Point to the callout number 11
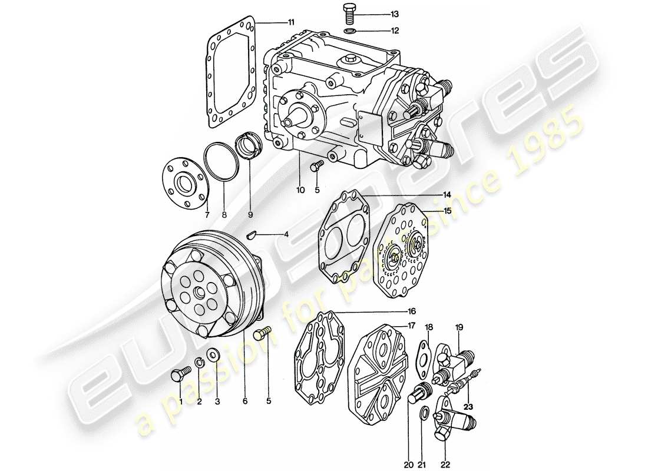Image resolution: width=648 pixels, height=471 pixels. (290, 23)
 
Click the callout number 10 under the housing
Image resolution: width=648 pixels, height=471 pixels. (300, 190)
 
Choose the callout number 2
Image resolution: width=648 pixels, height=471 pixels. (199, 402)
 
